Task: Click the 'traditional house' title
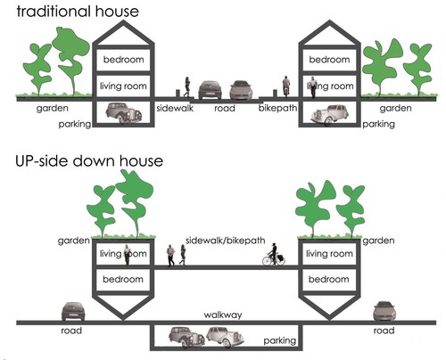point(78,12)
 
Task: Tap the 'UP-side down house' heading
point(89,160)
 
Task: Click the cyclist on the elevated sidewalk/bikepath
point(274,254)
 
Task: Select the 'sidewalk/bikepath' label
point(225,241)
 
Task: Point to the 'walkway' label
point(223,315)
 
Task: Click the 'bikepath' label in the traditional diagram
point(277,108)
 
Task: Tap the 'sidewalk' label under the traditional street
point(175,108)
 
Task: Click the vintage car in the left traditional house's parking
point(124,113)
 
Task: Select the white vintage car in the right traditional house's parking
point(329,114)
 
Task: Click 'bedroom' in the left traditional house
point(123,60)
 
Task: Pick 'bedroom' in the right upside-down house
point(329,279)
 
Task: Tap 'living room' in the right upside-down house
point(329,254)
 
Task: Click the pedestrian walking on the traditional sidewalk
point(187,86)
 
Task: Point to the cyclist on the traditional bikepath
point(286,86)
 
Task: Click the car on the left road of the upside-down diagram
point(73,311)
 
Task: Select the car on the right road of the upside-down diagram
point(384,311)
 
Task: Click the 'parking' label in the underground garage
point(280,340)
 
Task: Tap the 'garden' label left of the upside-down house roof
point(74,241)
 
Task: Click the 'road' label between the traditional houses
point(225,108)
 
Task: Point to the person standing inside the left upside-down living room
point(127,255)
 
